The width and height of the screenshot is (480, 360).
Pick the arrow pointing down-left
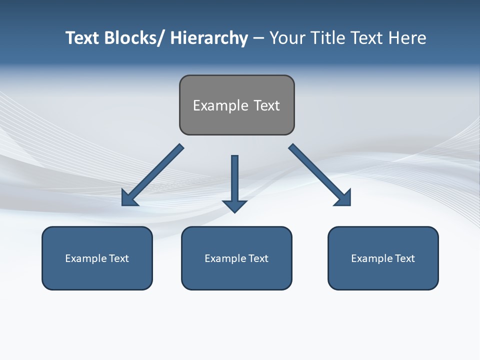tap(153, 175)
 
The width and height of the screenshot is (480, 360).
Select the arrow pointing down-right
tap(319, 174)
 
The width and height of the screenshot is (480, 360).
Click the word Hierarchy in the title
tap(209, 38)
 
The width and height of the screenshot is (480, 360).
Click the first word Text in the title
tap(83, 38)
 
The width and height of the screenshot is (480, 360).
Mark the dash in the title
tap(258, 38)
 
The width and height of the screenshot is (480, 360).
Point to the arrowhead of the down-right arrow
tap(344, 198)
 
